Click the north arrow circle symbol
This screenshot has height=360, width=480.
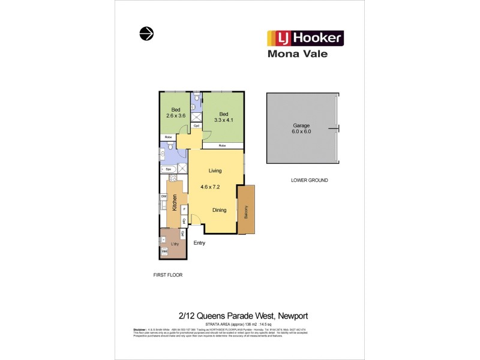(x=145, y=34)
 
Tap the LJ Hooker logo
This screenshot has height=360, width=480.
(x=304, y=38)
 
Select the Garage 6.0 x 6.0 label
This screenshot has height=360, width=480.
(x=302, y=128)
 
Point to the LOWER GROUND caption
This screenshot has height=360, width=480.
(x=309, y=180)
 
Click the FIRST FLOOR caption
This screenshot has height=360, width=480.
(x=167, y=274)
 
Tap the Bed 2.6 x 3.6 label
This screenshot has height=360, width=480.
(x=176, y=113)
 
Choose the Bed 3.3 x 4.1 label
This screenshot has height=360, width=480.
(x=223, y=117)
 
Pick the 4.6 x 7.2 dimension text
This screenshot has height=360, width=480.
(x=211, y=187)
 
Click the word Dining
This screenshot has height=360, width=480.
(x=219, y=209)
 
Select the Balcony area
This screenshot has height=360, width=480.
(x=246, y=211)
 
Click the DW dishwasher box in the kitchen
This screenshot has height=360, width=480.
(x=163, y=197)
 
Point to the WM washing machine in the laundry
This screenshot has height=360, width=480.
(x=164, y=252)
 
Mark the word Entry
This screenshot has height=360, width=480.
(x=199, y=243)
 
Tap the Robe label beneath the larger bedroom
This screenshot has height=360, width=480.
(x=222, y=146)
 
